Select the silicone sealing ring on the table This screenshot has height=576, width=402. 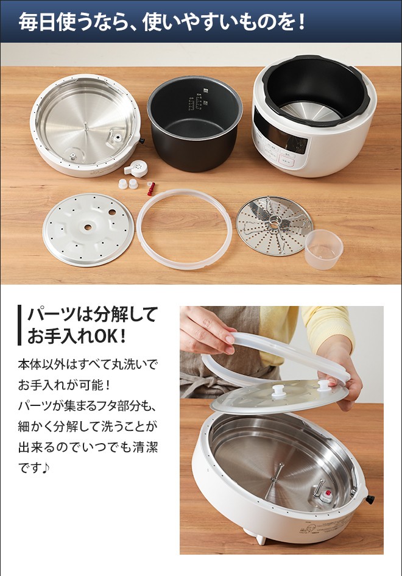click(184, 229)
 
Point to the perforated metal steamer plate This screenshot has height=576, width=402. click(274, 225)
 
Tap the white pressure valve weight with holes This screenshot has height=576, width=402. click(136, 168)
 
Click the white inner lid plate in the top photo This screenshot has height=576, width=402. click(88, 229)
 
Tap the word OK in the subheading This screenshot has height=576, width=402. click(118, 335)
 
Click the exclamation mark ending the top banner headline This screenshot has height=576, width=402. click(301, 23)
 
